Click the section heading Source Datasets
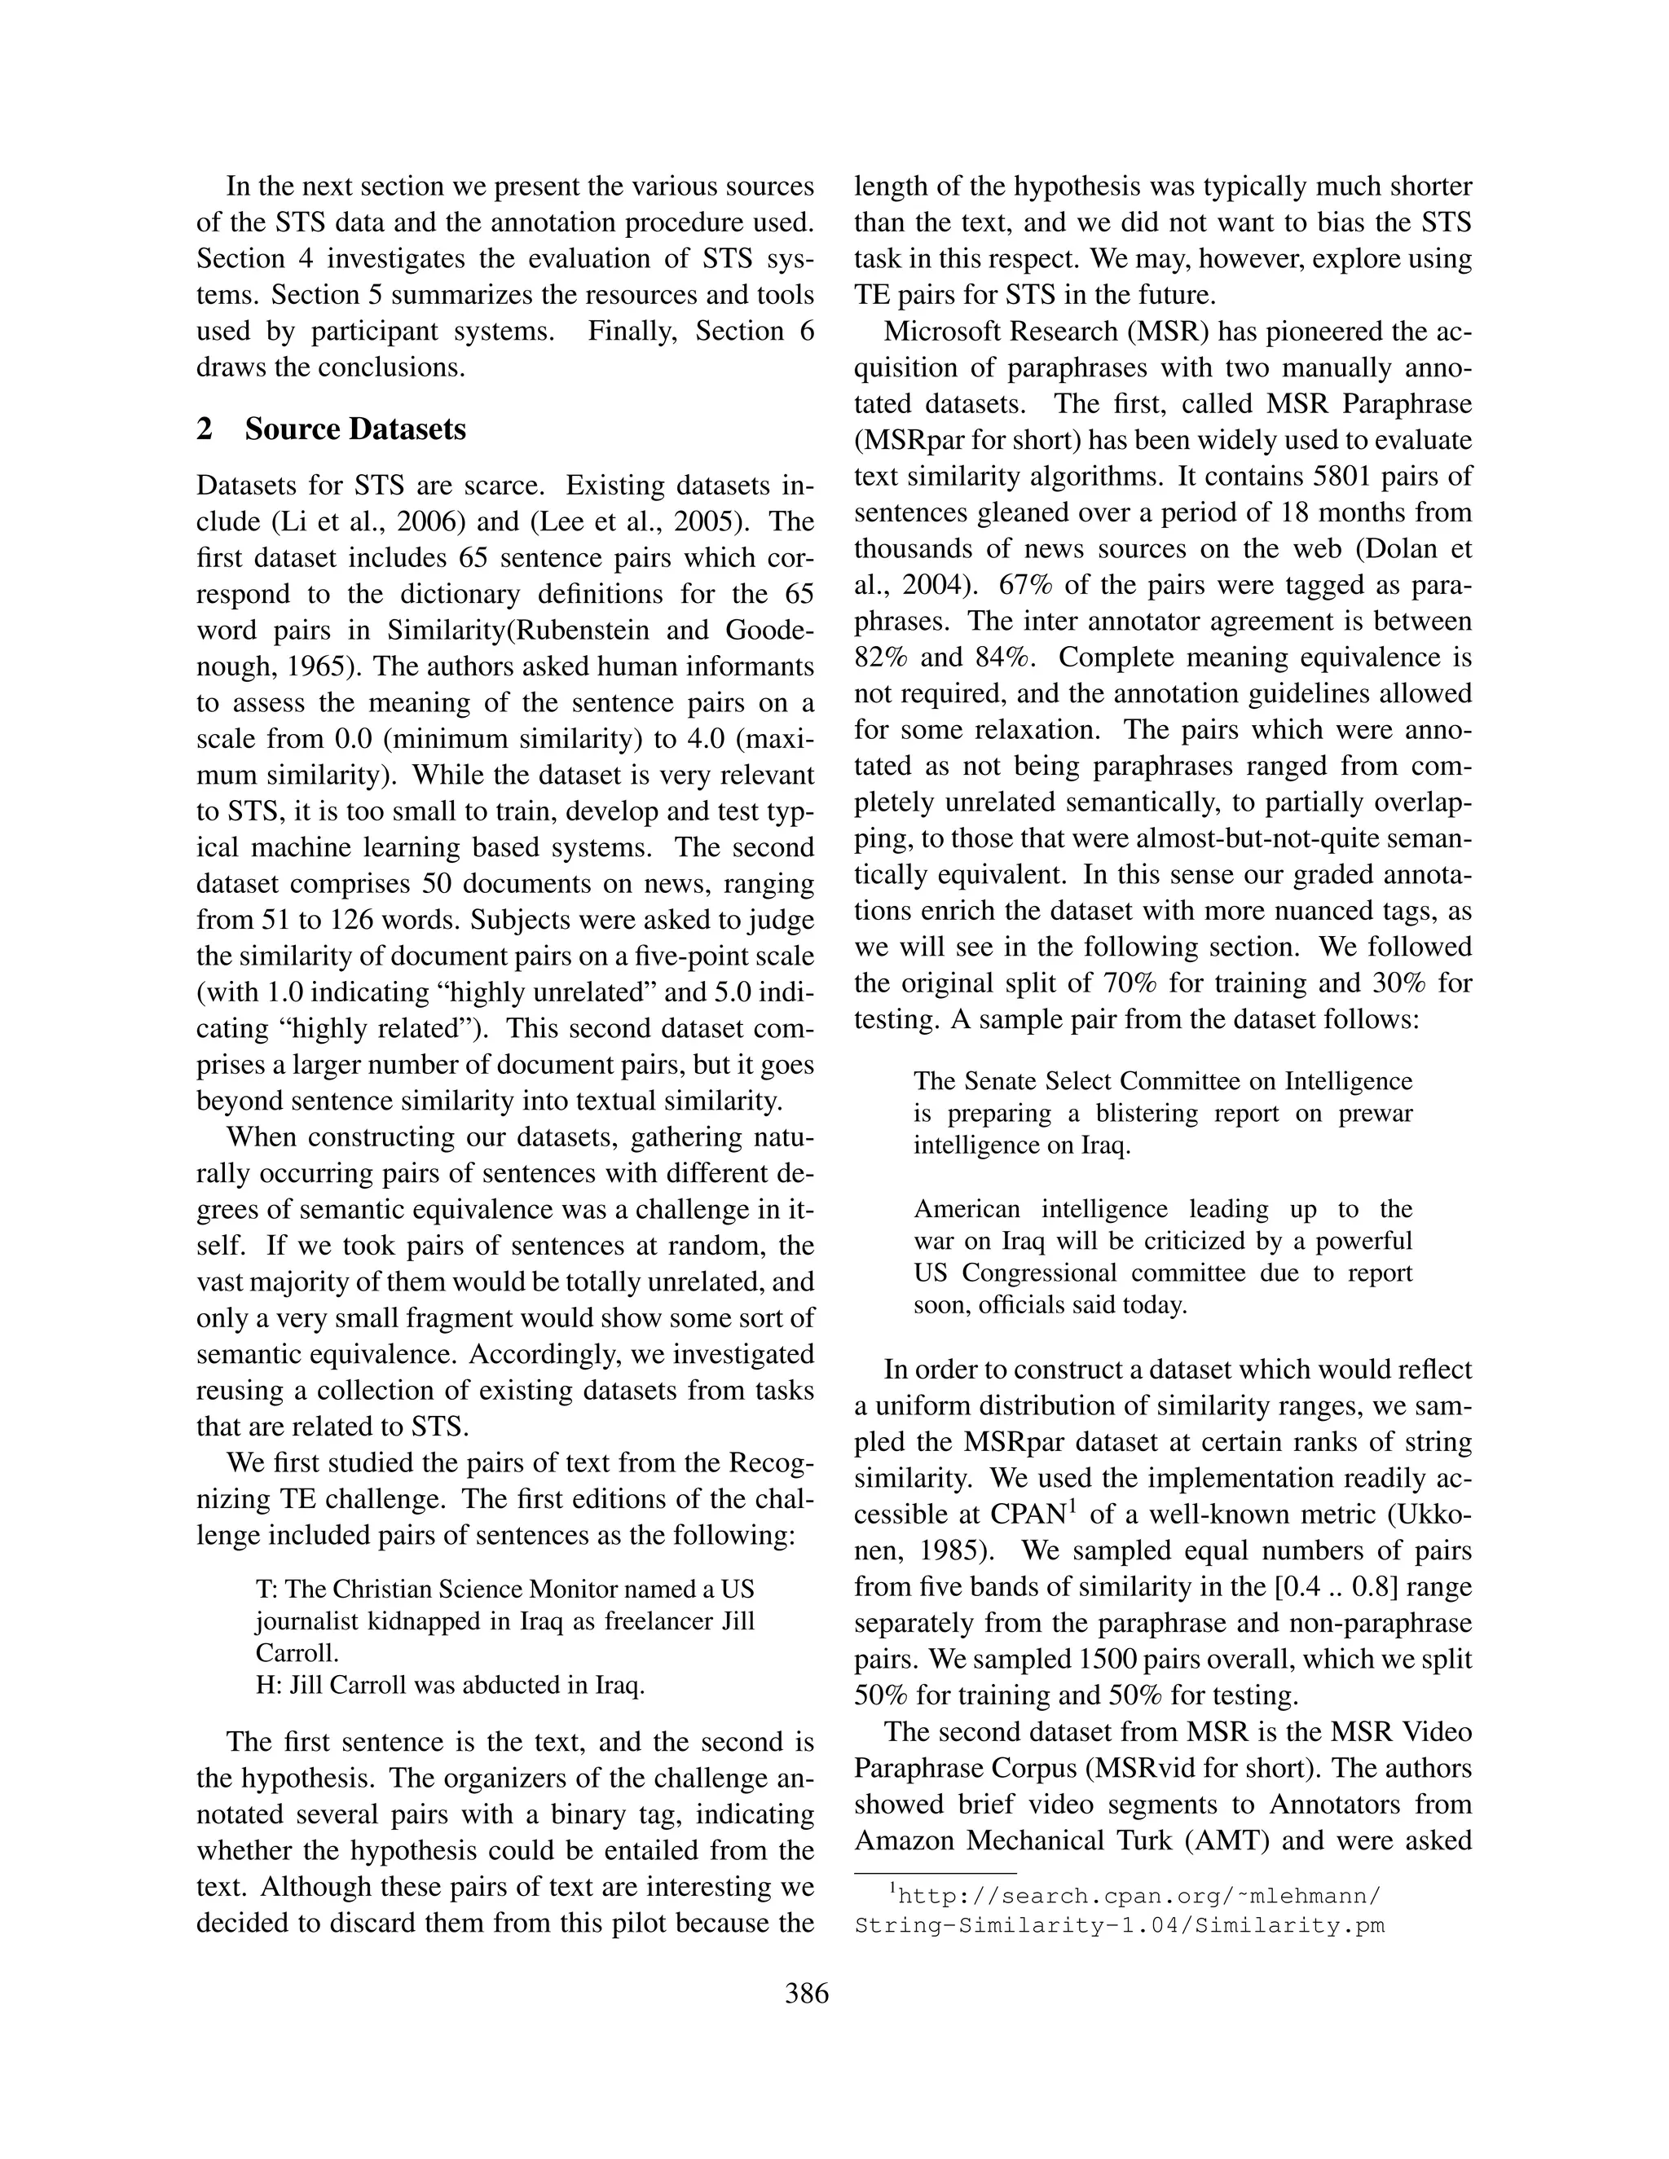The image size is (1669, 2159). point(355,429)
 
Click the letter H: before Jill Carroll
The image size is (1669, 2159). point(269,1686)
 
